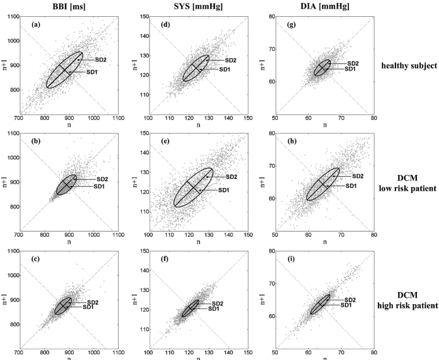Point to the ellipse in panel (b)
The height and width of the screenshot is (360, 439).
66,185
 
